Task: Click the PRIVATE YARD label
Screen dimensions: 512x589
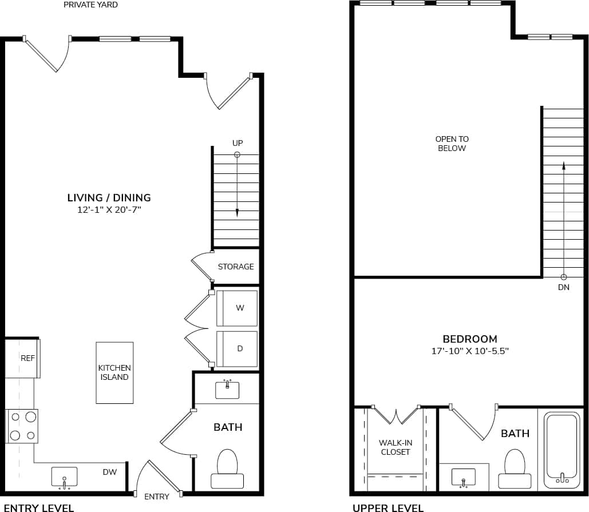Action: tap(90, 5)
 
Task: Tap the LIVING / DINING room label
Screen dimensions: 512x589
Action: tap(109, 198)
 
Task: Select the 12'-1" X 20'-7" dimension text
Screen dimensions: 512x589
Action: tap(109, 211)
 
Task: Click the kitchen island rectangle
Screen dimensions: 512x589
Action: tap(114, 372)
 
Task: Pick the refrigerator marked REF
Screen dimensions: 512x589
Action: tap(23, 358)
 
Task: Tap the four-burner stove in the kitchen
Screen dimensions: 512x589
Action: tap(22, 426)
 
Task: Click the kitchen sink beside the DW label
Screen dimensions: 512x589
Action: tap(64, 477)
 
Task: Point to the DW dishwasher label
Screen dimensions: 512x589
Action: tap(110, 472)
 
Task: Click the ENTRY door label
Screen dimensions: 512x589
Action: tap(156, 497)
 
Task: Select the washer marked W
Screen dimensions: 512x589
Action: tap(237, 308)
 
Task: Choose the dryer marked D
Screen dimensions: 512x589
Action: tap(237, 348)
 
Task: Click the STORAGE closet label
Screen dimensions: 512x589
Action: tap(235, 267)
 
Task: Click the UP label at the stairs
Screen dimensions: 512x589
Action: tap(237, 142)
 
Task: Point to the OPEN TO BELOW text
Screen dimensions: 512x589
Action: tap(452, 144)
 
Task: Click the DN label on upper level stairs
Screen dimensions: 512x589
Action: tap(563, 287)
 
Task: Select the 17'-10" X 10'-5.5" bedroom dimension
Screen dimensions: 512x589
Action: tap(469, 351)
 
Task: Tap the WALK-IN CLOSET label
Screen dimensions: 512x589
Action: tap(395, 447)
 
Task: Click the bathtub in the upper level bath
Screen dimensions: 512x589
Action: tap(562, 450)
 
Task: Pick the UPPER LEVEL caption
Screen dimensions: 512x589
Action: tap(388, 507)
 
